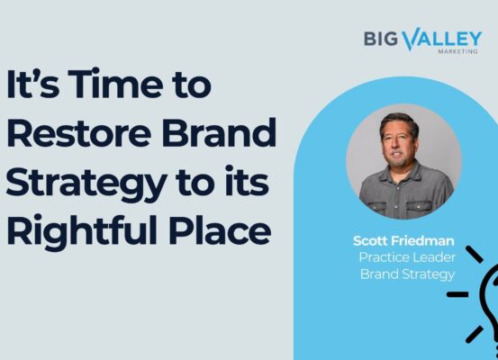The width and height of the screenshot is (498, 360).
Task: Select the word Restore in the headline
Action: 78,132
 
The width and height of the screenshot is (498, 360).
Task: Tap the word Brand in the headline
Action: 219,132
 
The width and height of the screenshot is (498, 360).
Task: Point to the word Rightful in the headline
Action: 82,229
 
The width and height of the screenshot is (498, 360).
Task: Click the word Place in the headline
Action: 220,229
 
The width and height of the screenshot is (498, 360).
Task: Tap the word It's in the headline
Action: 32,84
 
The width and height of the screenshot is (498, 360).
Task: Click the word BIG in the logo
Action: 381,39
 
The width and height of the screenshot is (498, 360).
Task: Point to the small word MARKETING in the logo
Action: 457,51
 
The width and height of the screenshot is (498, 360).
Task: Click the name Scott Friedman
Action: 403,241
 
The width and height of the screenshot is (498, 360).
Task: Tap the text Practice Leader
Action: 407,257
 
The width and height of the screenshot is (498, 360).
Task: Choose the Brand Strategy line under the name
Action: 407,274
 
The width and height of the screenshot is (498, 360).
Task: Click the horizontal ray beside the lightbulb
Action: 457,294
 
